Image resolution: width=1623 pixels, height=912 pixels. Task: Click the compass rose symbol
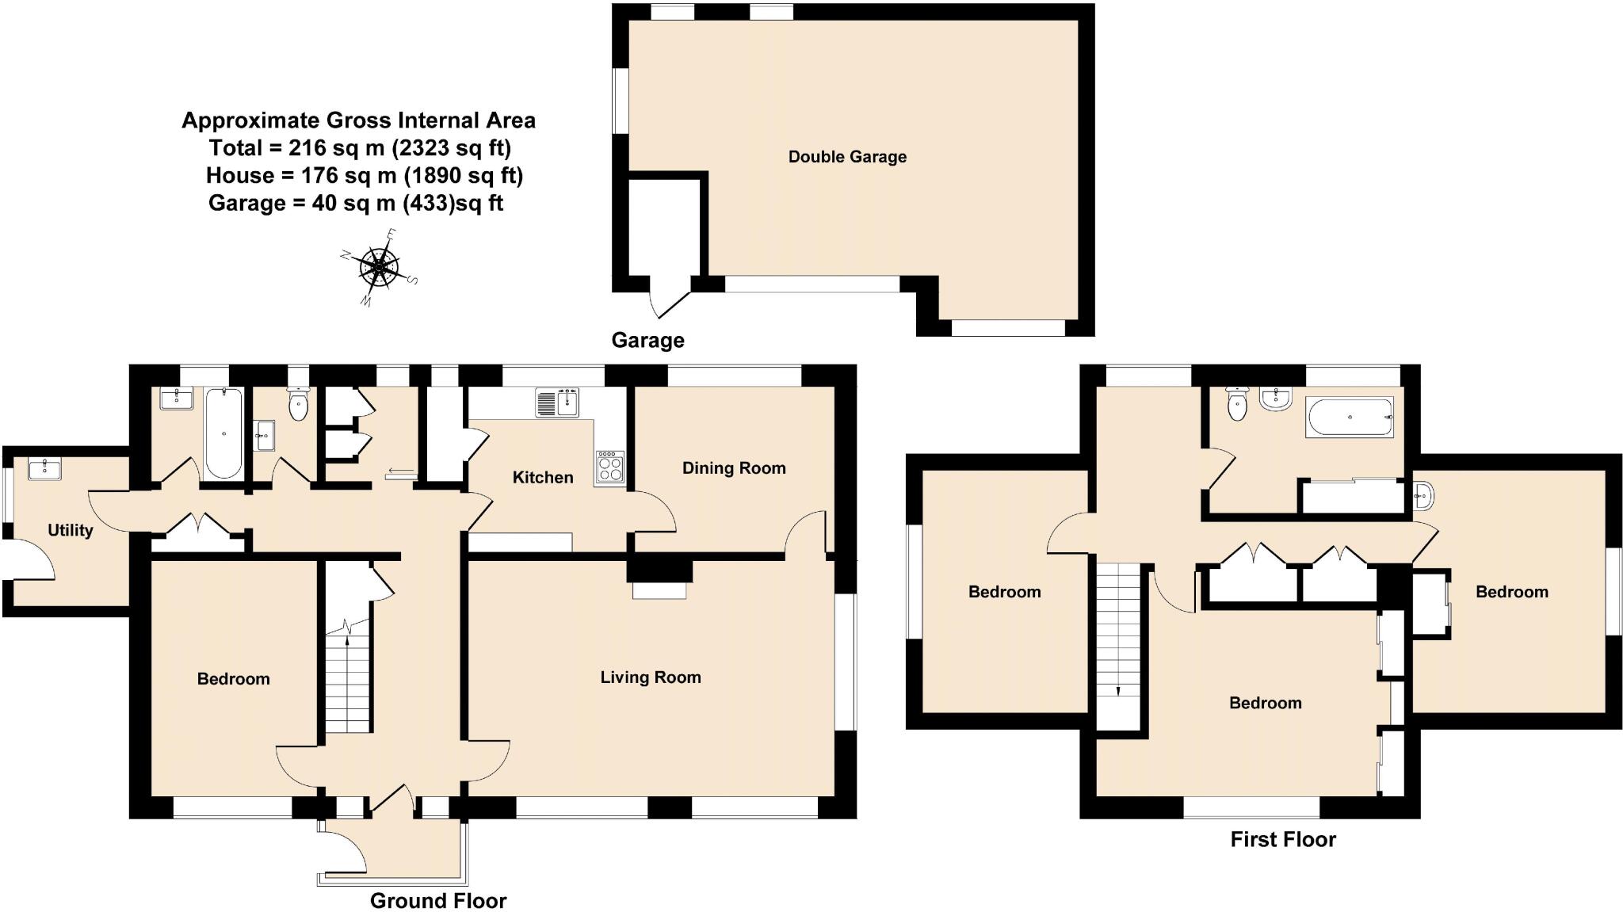tap(379, 267)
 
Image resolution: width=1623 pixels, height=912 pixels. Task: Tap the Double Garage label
tap(847, 157)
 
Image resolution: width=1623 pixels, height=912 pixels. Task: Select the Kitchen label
tap(542, 477)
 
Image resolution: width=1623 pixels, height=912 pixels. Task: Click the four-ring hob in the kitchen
tap(609, 467)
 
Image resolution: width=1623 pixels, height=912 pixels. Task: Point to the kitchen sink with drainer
tap(557, 403)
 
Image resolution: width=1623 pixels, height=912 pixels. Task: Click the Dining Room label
tap(734, 467)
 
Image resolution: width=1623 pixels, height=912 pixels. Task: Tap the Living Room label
tap(650, 677)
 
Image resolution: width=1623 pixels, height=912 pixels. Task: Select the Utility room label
tap(70, 530)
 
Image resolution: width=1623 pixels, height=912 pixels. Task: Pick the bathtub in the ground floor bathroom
tap(224, 433)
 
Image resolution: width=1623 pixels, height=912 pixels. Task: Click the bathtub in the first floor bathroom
tap(1349, 417)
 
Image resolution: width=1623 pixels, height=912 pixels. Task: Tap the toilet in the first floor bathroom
tap(1236, 405)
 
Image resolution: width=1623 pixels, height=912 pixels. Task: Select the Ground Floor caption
tap(437, 900)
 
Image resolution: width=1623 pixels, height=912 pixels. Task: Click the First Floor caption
tap(1282, 839)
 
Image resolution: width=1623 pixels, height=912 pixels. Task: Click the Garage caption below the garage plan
tap(647, 340)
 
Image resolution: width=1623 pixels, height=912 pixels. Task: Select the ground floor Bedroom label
tap(233, 678)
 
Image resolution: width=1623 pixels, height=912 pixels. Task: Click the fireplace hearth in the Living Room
tap(659, 590)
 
